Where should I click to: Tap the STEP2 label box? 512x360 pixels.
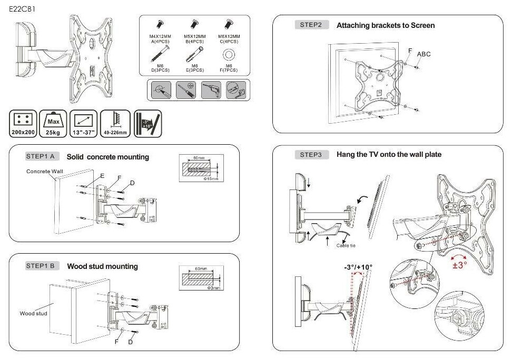coord(311,25)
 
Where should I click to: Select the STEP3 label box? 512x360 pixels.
coord(311,154)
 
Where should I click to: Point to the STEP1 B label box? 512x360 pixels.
coord(41,266)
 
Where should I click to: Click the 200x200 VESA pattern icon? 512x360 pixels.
coord(23,124)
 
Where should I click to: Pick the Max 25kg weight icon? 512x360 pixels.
coord(53,124)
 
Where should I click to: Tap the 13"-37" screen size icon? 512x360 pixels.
coord(83,124)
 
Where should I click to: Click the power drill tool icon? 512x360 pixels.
coord(211,91)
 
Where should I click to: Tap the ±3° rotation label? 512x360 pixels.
coord(460,265)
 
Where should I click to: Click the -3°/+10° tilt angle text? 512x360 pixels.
coord(358,267)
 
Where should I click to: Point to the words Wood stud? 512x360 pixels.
coord(34,314)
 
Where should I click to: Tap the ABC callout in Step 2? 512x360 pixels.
coord(424,54)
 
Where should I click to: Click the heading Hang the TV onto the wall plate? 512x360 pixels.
coord(389,154)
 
